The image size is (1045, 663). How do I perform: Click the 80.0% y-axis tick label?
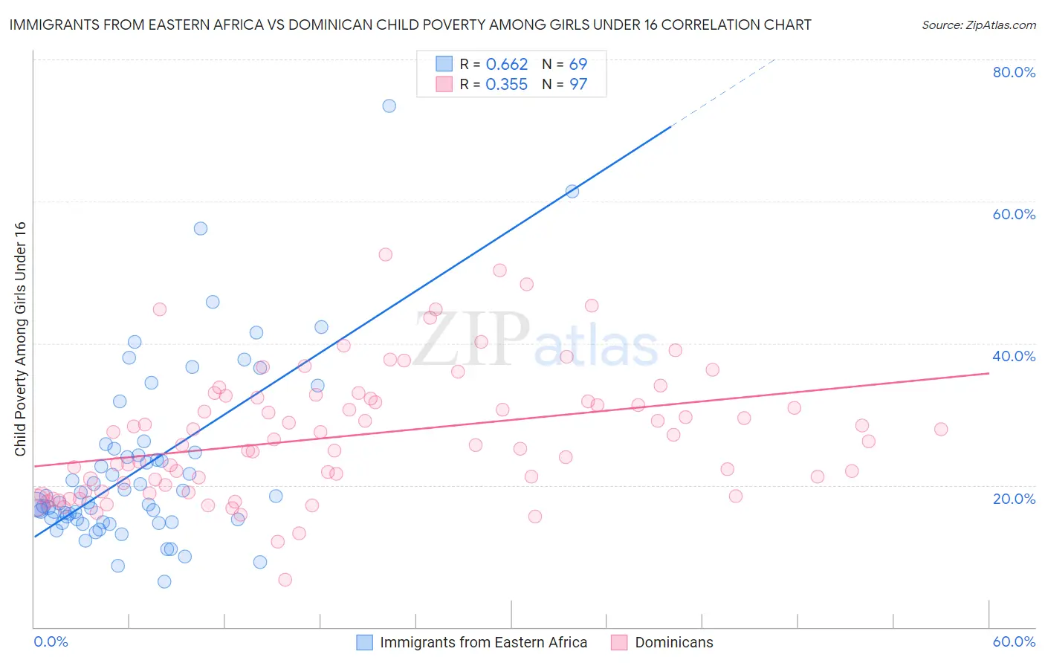coord(1014,72)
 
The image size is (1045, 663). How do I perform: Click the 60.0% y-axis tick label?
coord(1014,214)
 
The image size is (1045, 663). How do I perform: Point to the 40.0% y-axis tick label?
coord(1014,356)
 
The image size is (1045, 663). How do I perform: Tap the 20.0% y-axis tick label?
coord(1014,499)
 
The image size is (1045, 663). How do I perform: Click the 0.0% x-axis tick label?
coord(51,641)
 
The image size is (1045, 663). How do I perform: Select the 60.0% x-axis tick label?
coord(1014,641)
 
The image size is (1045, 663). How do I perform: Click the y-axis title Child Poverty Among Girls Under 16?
coord(20,339)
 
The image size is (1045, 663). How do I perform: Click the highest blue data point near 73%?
coord(389,106)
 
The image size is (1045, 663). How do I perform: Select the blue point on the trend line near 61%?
coord(572,191)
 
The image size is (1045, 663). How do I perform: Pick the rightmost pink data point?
coord(941,429)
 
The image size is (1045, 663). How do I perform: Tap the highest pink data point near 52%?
coord(385,254)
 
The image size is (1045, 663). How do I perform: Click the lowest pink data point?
coord(285,580)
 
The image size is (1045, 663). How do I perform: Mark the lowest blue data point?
coord(164,581)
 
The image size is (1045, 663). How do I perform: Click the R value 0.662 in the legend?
coord(506,65)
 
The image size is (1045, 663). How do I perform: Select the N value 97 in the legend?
coord(578,85)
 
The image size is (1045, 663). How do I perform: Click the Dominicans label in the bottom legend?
coord(673,642)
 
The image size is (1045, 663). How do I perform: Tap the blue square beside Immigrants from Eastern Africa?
coord(364,642)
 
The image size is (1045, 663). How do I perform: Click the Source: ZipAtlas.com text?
coord(978,25)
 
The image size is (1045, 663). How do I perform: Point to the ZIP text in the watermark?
coord(470,339)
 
